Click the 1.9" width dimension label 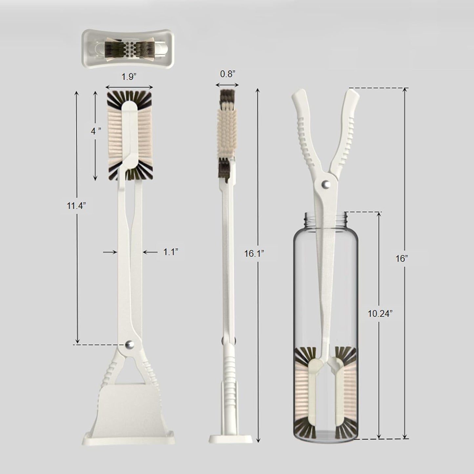[x=129, y=77]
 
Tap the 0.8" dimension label [x=228, y=74]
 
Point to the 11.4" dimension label [x=76, y=205]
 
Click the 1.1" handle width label [x=171, y=252]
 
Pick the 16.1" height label [x=254, y=254]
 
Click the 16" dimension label [x=402, y=258]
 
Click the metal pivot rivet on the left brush [x=129, y=344]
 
